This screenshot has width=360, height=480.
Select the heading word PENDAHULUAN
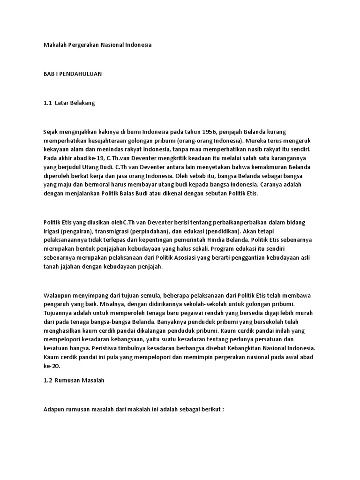82,74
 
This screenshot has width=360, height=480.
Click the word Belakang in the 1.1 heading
82,103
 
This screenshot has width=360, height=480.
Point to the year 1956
200,132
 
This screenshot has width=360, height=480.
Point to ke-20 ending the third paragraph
50,366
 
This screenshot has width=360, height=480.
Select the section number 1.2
48,380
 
